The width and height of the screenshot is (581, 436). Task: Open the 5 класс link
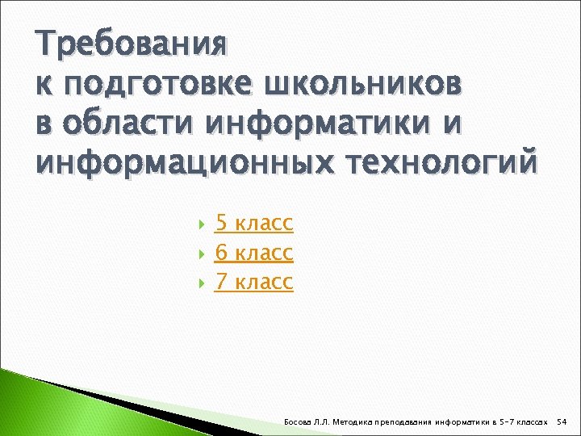pos(253,224)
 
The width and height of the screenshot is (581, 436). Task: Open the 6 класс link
pos(253,253)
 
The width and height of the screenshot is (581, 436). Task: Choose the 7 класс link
pos(253,282)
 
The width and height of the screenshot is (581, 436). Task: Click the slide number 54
pos(563,421)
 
